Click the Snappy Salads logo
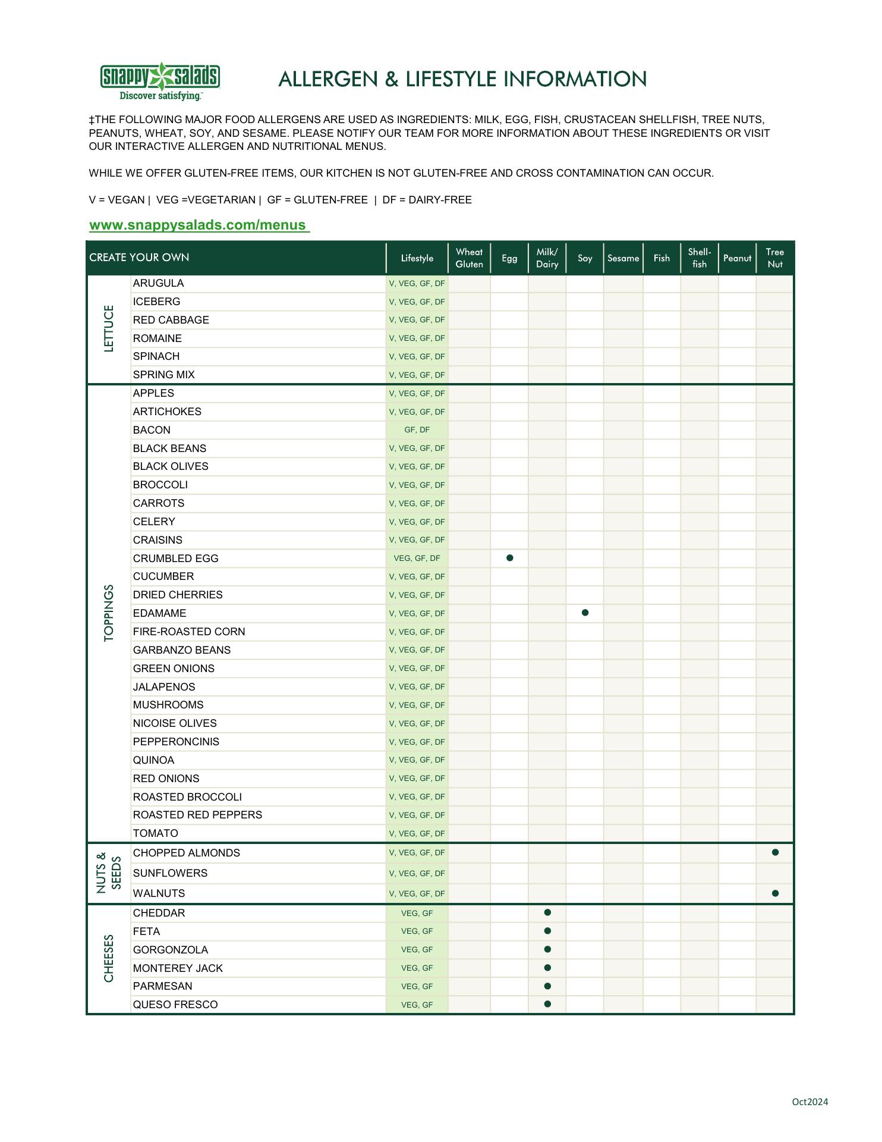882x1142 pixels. tap(160, 81)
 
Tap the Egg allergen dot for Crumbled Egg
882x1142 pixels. tap(509, 558)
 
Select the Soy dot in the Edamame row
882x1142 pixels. tap(585, 613)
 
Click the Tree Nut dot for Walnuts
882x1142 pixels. tap(775, 893)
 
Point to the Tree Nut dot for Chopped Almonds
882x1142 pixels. tap(775, 852)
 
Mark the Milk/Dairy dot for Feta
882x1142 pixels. tap(547, 931)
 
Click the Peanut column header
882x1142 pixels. tap(737, 258)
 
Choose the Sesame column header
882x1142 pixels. tap(623, 258)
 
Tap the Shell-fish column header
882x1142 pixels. tap(700, 258)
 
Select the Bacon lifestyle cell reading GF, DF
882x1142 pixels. tap(417, 430)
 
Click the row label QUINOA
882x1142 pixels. tap(153, 760)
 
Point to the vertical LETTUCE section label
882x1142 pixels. tap(109, 329)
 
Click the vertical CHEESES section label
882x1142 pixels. tap(109, 958)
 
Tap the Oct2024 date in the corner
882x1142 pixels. tap(809, 1102)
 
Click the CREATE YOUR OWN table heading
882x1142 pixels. tap(139, 258)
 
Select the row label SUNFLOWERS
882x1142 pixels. tap(170, 873)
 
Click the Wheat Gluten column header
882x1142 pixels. tap(469, 258)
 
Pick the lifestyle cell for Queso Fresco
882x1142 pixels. tap(417, 1005)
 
